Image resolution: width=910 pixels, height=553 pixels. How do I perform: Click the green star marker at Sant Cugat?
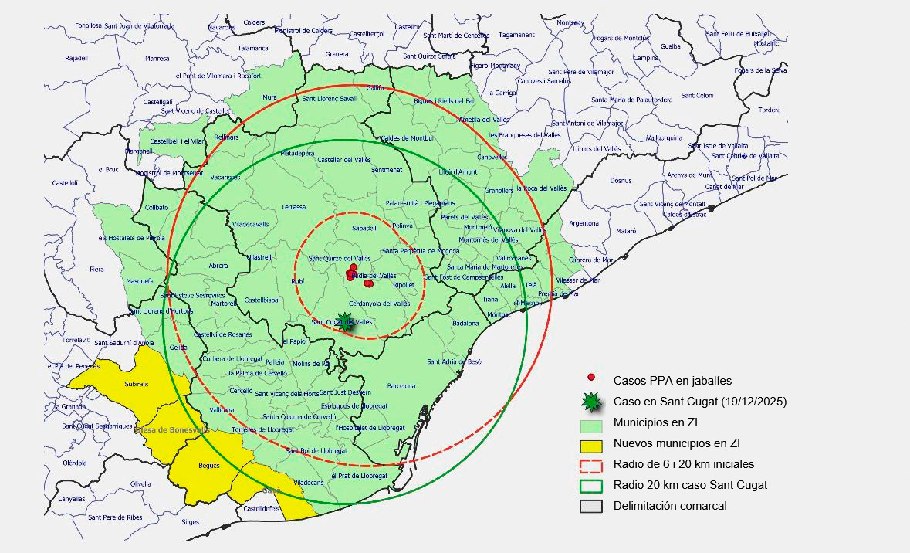(347, 323)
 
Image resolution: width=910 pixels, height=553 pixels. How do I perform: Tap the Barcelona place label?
(401, 385)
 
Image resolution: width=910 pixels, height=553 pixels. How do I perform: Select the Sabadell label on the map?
(364, 229)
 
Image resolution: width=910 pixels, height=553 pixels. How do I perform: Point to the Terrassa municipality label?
(293, 207)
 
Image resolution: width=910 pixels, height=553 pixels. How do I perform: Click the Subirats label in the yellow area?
(136, 384)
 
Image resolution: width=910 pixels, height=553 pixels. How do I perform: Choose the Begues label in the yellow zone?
(209, 466)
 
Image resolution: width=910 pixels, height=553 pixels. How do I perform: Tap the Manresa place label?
(157, 59)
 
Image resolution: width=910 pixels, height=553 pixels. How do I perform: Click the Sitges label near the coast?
(190, 522)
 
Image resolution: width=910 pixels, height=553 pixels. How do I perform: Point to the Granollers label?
(499, 190)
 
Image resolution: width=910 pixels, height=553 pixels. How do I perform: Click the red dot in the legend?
(591, 378)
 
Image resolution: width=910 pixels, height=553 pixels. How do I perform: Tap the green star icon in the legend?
(590, 401)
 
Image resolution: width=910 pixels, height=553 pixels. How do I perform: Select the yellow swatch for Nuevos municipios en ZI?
(590, 444)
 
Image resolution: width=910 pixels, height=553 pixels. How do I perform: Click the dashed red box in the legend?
(590, 465)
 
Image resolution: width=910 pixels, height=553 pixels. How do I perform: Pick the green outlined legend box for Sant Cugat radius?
(590, 486)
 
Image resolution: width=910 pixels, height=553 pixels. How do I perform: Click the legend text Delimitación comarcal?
(670, 507)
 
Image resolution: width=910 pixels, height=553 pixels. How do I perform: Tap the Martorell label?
(225, 304)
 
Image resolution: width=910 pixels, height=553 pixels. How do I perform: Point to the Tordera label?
(769, 110)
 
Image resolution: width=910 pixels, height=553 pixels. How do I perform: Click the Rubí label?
(298, 282)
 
